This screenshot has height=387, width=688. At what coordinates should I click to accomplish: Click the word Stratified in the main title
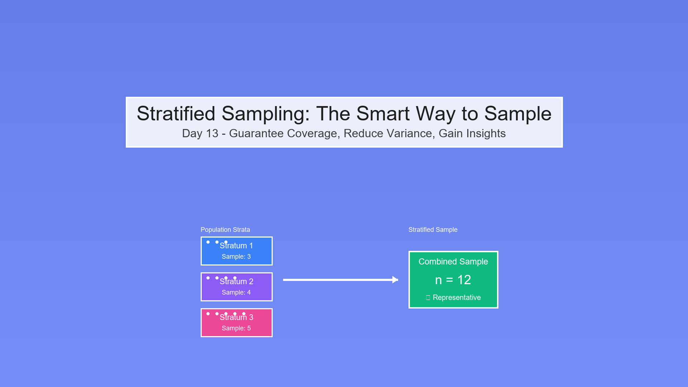click(x=176, y=114)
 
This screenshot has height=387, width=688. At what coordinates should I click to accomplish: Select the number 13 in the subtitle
click(x=212, y=133)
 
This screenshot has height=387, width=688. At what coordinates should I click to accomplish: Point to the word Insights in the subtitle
click(x=484, y=133)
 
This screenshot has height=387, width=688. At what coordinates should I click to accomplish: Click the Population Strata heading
click(x=225, y=230)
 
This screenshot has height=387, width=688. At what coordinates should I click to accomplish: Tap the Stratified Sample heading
click(x=433, y=230)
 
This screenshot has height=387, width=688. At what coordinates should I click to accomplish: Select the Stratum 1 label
click(x=236, y=246)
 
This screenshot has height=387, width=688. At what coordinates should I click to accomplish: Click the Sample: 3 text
click(x=236, y=257)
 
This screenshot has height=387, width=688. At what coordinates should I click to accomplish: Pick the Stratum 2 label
click(x=236, y=282)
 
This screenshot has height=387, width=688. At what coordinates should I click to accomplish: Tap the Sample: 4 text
click(x=236, y=292)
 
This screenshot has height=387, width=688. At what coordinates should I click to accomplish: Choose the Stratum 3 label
click(x=236, y=317)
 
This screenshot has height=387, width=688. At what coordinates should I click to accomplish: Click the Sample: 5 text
click(x=236, y=328)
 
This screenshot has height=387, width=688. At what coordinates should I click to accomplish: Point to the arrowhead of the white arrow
click(x=395, y=280)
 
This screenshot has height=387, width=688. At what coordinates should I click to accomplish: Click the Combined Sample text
click(x=453, y=262)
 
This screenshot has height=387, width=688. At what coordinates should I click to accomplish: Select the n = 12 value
click(x=453, y=280)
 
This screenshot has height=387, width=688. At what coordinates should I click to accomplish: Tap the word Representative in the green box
click(x=457, y=297)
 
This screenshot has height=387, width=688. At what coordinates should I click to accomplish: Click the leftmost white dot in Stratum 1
click(x=208, y=242)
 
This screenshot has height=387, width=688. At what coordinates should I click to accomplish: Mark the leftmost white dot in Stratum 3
click(x=208, y=314)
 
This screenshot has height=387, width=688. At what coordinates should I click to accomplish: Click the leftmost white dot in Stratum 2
click(x=208, y=278)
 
